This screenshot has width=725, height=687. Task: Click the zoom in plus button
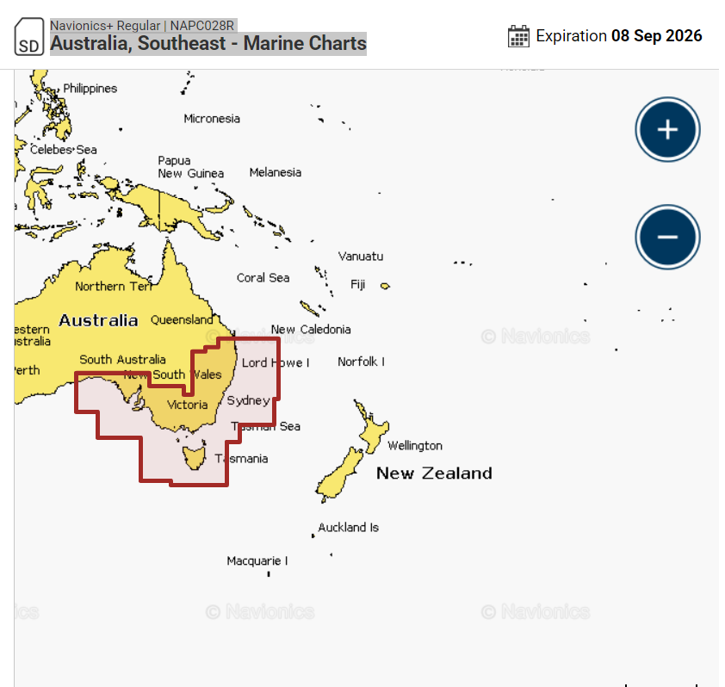[x=667, y=130]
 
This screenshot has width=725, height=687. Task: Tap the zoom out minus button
[x=667, y=238]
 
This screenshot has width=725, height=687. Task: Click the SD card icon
[x=28, y=37]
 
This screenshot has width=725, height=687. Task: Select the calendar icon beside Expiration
[x=518, y=36]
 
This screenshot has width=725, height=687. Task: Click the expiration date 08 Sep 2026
[x=656, y=36]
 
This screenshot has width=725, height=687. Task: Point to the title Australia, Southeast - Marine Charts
[x=208, y=43]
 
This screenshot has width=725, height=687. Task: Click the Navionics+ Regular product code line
[x=142, y=26]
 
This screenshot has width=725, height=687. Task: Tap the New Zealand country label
[x=434, y=473]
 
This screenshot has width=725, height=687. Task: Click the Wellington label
[x=414, y=446]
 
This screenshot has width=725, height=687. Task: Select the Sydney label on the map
[x=248, y=400]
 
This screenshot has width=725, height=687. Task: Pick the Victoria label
[x=187, y=405]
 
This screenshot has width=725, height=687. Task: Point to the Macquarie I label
[x=257, y=561]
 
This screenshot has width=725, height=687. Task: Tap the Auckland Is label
[x=348, y=528]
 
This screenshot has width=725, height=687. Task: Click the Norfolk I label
[x=361, y=362]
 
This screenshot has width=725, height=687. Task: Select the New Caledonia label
[x=311, y=329]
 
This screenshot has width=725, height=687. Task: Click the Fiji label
[x=357, y=284]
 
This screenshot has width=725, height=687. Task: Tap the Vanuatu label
[x=361, y=257]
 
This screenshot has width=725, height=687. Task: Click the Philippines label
[x=90, y=89]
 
